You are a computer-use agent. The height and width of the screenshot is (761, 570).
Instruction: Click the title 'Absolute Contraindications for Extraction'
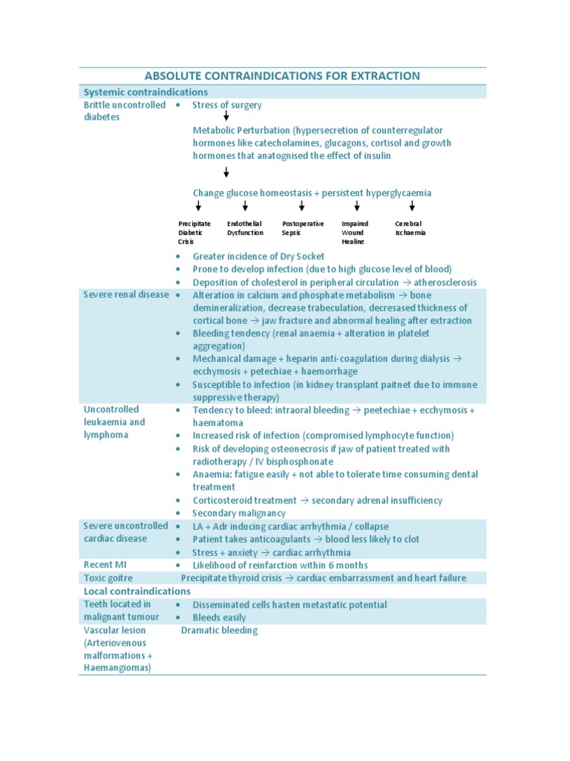(282, 76)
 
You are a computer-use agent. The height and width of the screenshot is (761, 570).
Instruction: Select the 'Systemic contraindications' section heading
(145, 92)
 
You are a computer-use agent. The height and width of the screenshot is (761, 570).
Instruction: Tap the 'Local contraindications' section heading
(137, 591)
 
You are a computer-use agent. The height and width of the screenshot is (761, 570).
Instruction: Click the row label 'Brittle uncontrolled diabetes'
(125, 111)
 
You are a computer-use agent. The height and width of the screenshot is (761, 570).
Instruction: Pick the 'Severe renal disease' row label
(126, 295)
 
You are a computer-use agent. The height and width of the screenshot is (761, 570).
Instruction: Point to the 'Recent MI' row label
(105, 565)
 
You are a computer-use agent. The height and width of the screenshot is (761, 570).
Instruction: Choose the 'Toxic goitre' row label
(108, 577)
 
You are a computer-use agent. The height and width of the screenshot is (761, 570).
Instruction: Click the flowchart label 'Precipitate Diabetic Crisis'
(194, 233)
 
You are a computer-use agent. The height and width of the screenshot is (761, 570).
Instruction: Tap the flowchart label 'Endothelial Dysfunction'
(245, 228)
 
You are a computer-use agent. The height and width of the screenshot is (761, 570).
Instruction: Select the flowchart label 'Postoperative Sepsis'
(303, 228)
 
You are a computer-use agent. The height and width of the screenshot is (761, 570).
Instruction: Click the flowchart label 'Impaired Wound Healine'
(355, 233)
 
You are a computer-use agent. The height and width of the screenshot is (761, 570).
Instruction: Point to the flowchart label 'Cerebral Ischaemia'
(410, 228)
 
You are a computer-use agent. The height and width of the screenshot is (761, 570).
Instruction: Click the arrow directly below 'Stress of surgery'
(226, 116)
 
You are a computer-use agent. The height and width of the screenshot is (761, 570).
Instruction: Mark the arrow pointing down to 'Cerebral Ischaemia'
(412, 206)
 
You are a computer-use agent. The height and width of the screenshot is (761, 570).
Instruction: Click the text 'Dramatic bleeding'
(219, 630)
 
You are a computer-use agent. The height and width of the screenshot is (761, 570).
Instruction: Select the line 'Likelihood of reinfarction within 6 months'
(280, 565)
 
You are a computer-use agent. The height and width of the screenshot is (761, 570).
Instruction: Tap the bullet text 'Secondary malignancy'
(238, 513)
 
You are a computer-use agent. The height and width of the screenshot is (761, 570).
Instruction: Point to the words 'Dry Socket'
(299, 256)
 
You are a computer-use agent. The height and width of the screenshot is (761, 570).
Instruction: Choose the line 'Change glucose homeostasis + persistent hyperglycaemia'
(312, 193)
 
